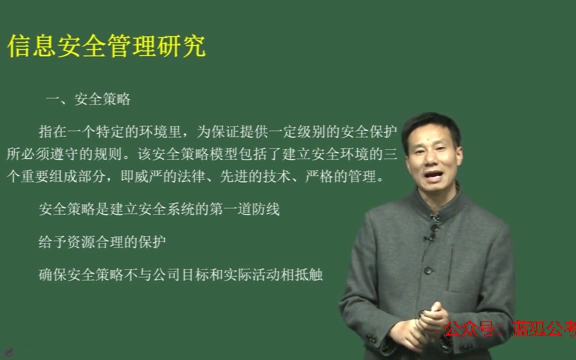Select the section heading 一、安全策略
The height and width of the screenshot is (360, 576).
(x=88, y=99)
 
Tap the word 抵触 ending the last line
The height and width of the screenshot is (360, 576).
(x=311, y=275)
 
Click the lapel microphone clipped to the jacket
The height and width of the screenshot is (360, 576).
(x=429, y=237)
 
